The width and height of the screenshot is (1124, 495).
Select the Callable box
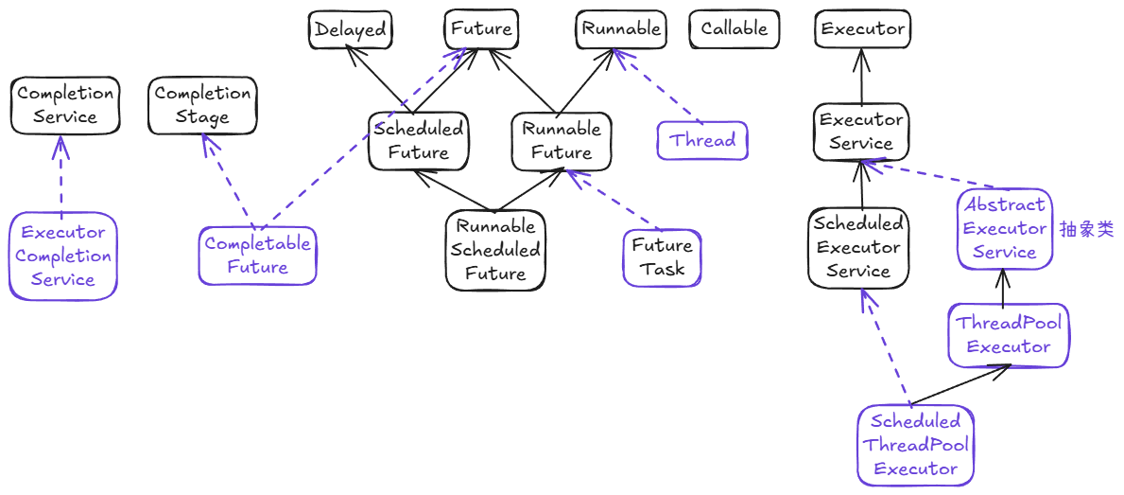click(x=734, y=29)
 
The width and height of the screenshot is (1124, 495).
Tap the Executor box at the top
click(x=863, y=29)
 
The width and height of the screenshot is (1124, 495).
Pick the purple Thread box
click(x=702, y=141)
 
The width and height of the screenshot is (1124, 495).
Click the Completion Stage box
click(x=202, y=105)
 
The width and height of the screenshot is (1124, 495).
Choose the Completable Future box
click(x=257, y=256)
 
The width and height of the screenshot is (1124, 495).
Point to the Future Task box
click(x=663, y=257)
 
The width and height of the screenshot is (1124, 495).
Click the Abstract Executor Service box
click(x=1005, y=229)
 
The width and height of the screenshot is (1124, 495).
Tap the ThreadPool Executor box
click(x=1009, y=334)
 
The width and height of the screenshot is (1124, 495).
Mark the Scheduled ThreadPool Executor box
click(x=916, y=446)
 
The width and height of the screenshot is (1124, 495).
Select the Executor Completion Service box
click(x=63, y=256)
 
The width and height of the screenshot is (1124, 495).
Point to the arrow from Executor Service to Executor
click(x=861, y=76)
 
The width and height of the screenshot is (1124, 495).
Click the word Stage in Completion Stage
click(x=202, y=117)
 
